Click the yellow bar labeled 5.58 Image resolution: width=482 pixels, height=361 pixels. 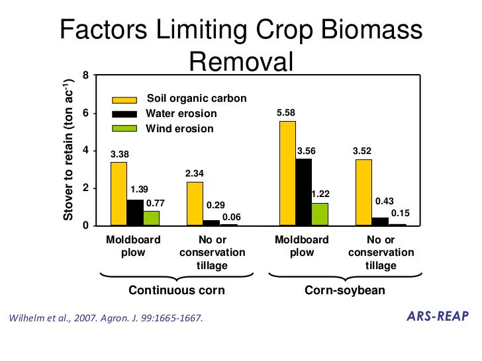[287, 173]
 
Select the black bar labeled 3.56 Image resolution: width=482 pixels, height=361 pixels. [303, 192]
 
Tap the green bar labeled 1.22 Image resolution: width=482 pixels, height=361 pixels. [320, 214]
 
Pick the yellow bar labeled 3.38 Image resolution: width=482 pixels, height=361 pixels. [119, 194]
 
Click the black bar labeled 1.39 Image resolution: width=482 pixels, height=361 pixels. [135, 212]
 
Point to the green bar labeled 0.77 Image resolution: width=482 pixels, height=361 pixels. [152, 218]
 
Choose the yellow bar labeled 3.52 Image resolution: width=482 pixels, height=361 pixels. [363, 192]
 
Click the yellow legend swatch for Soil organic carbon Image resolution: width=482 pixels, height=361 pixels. [124, 99]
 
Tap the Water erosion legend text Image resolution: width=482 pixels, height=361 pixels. [181, 114]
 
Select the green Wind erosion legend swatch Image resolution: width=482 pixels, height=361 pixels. [124, 128]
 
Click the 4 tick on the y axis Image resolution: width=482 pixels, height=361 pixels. [85, 151]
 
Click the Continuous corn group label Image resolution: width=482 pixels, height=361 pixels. [176, 290]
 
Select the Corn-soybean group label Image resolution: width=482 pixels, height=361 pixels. [344, 290]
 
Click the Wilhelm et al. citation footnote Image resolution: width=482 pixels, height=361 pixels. [104, 318]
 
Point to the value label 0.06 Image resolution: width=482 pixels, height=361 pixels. [231, 217]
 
